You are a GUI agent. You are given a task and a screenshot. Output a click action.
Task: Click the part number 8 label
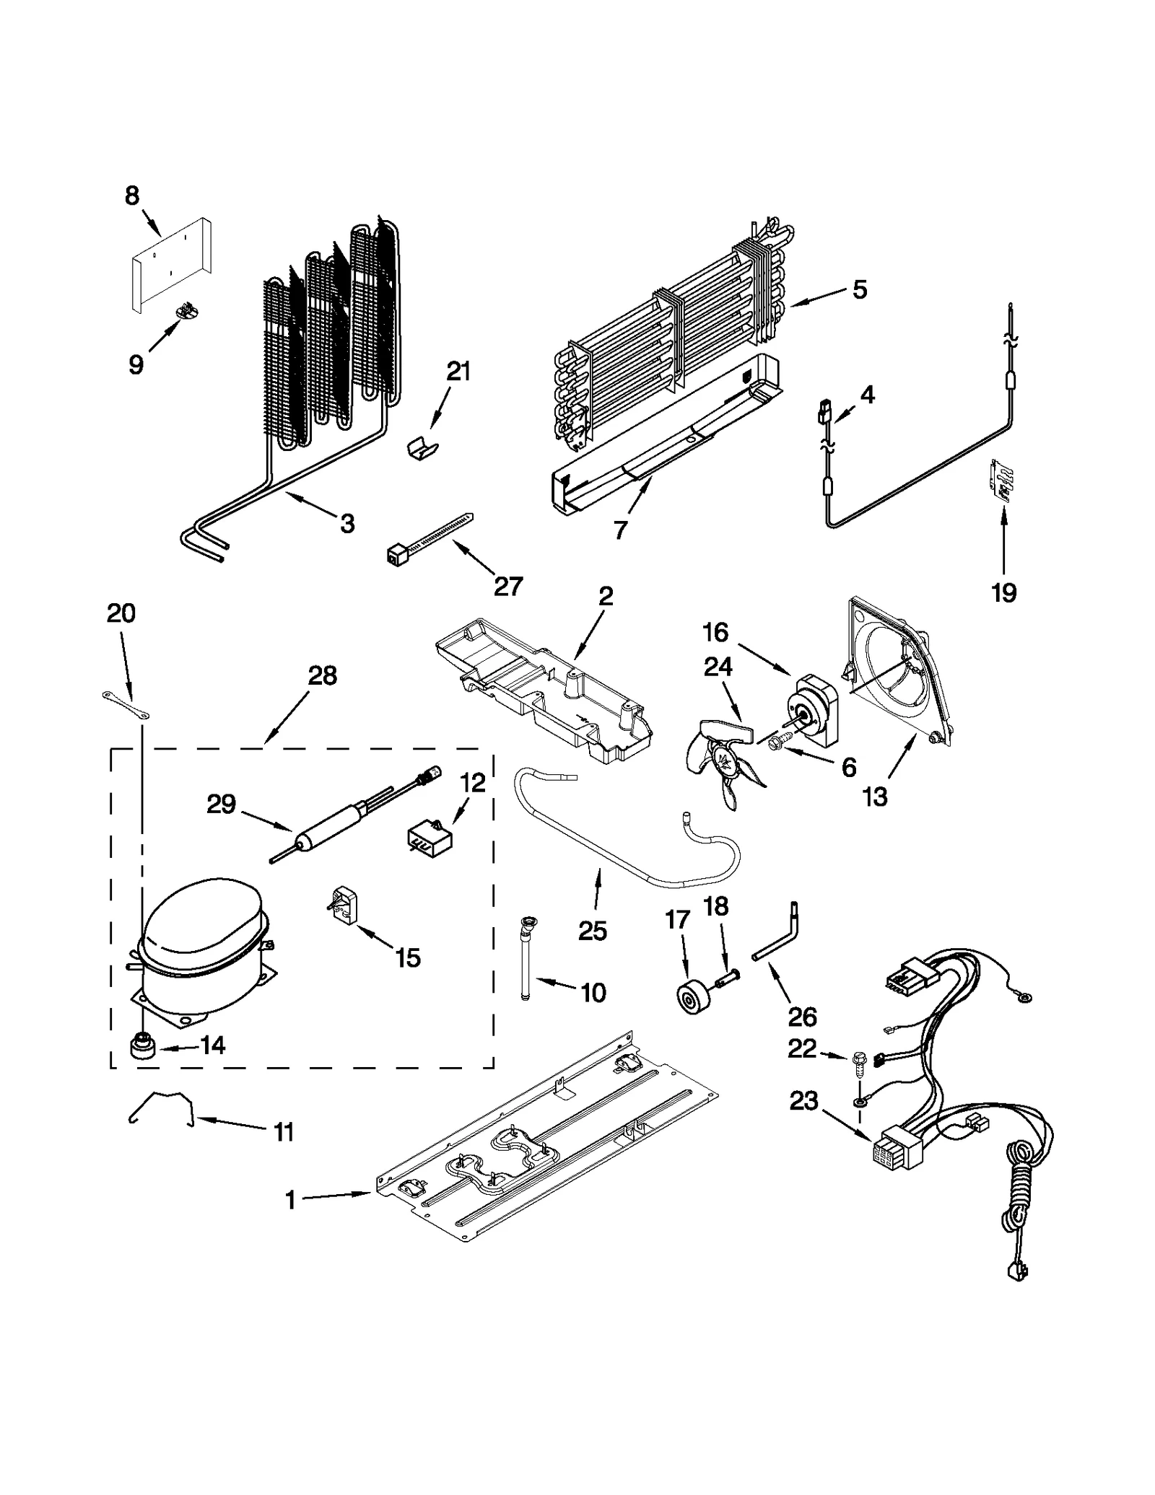click(x=132, y=196)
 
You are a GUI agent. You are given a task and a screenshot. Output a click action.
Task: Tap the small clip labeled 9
click(x=188, y=312)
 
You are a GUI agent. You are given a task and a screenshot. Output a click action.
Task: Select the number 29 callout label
click(x=222, y=805)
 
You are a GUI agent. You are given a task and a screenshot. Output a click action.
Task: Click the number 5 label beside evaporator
click(x=859, y=289)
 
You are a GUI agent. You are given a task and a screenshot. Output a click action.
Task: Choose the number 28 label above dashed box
click(x=322, y=675)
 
